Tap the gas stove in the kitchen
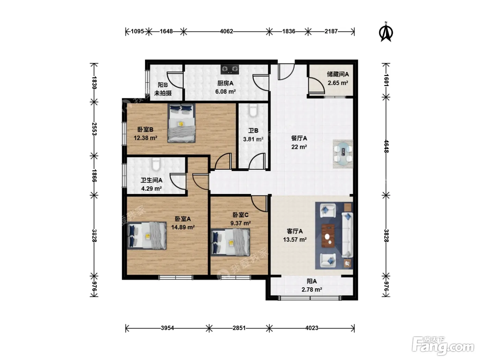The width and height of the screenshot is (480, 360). point(229,69)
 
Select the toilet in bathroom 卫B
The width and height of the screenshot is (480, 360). point(253,111)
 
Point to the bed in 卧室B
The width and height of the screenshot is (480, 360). point(181,123)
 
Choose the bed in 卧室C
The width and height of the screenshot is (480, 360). point(230,242)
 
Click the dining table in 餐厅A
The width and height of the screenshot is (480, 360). point(343,154)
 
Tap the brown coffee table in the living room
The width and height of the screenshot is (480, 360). point(328,236)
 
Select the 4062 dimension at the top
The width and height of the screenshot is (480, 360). point(226,32)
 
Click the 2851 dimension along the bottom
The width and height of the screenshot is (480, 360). point(239,328)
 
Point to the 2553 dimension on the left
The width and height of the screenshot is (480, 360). point(94,129)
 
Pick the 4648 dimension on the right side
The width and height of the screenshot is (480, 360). point(386,146)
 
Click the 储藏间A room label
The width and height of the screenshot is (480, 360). point(338,74)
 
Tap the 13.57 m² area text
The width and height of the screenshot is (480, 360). point(295,240)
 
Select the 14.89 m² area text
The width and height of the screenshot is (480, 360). point(183,227)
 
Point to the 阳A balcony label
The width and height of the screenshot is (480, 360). point(312,281)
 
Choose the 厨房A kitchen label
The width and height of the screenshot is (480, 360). point(226,83)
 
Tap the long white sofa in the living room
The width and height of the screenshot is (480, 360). point(347,235)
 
